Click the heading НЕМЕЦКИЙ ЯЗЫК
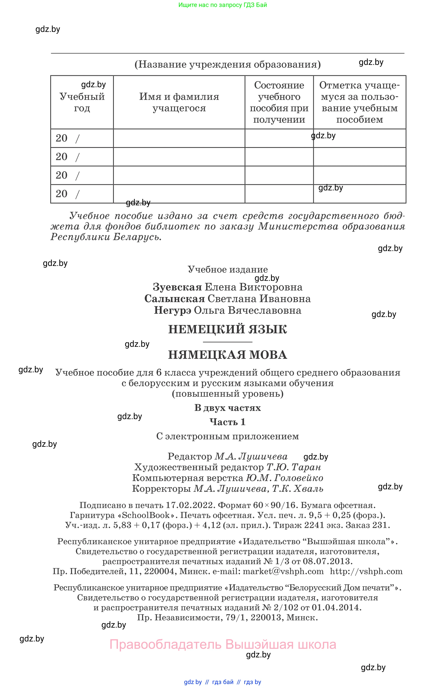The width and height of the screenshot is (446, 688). [x=227, y=329]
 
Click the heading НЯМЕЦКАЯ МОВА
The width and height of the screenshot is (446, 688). [x=227, y=355]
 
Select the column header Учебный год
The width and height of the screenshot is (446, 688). [x=82, y=102]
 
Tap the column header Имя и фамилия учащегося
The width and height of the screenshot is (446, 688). [x=179, y=102]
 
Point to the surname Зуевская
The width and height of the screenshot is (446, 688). [x=177, y=287]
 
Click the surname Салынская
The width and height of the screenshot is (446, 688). [x=174, y=299]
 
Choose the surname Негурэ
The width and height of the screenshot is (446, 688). [x=173, y=310]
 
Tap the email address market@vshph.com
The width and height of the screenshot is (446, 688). [x=283, y=571]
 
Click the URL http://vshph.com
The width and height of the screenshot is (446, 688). [x=366, y=571]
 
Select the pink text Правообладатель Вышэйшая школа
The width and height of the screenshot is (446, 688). [x=223, y=644]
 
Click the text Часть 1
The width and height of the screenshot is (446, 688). [x=227, y=422]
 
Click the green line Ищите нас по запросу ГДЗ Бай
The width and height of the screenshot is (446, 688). [x=223, y=5]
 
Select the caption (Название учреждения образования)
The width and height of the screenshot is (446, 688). [x=227, y=64]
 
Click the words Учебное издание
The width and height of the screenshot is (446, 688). [x=227, y=269]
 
